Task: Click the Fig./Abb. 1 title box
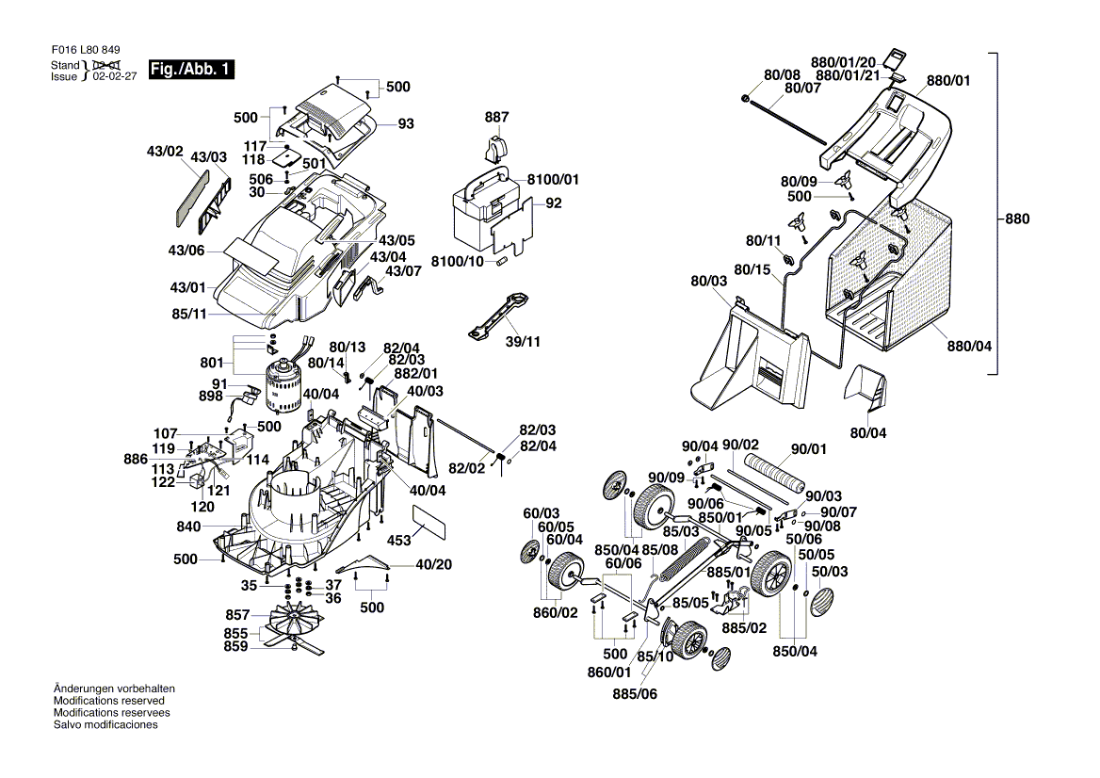190,70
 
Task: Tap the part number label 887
496,118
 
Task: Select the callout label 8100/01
554,179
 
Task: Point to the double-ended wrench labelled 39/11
499,316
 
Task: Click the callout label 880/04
971,346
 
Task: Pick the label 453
399,541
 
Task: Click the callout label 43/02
164,151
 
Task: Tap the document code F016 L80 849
87,51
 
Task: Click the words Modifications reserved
109,701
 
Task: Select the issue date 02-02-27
115,77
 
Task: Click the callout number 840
188,527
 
